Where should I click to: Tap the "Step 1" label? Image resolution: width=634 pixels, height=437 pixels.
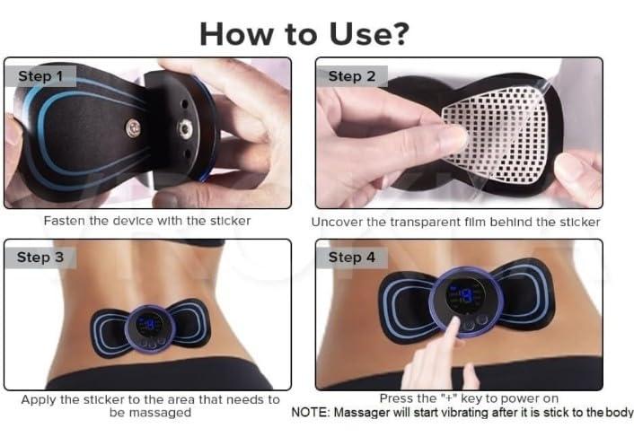(40, 76)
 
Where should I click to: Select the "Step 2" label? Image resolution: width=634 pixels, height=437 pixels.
(351, 76)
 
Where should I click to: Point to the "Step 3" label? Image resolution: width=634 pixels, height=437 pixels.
(40, 258)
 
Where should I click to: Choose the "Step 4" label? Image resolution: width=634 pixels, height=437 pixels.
(351, 258)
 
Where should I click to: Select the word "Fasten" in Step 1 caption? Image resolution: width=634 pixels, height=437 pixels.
(64, 220)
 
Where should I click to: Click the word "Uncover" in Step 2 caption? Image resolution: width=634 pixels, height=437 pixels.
(339, 221)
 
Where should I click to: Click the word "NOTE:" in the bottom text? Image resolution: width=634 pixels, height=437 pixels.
(312, 413)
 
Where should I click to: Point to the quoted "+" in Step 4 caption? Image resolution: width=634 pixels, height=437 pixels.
(454, 399)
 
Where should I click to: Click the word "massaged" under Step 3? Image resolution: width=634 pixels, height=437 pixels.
(162, 413)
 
